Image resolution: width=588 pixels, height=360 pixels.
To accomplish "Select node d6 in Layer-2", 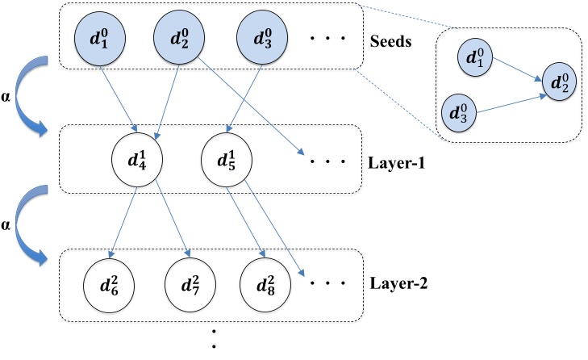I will pos(108,283).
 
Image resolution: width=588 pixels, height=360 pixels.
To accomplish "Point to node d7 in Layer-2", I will pos(190,283).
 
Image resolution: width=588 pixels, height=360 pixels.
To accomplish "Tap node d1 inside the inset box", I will pos(475,59).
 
